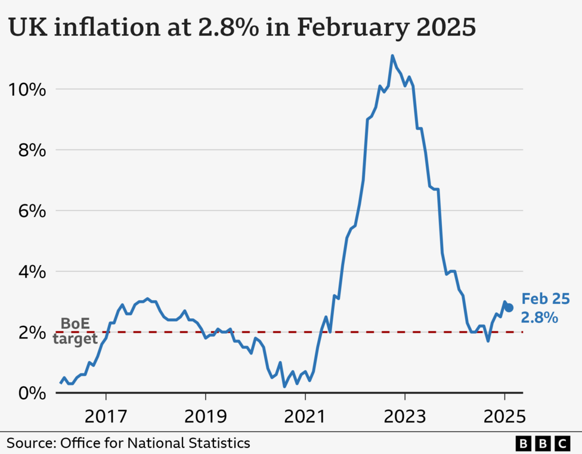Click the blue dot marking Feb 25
509,308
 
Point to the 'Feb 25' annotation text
545,299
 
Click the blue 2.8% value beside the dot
540,318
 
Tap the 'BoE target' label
75,331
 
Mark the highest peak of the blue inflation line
392,56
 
